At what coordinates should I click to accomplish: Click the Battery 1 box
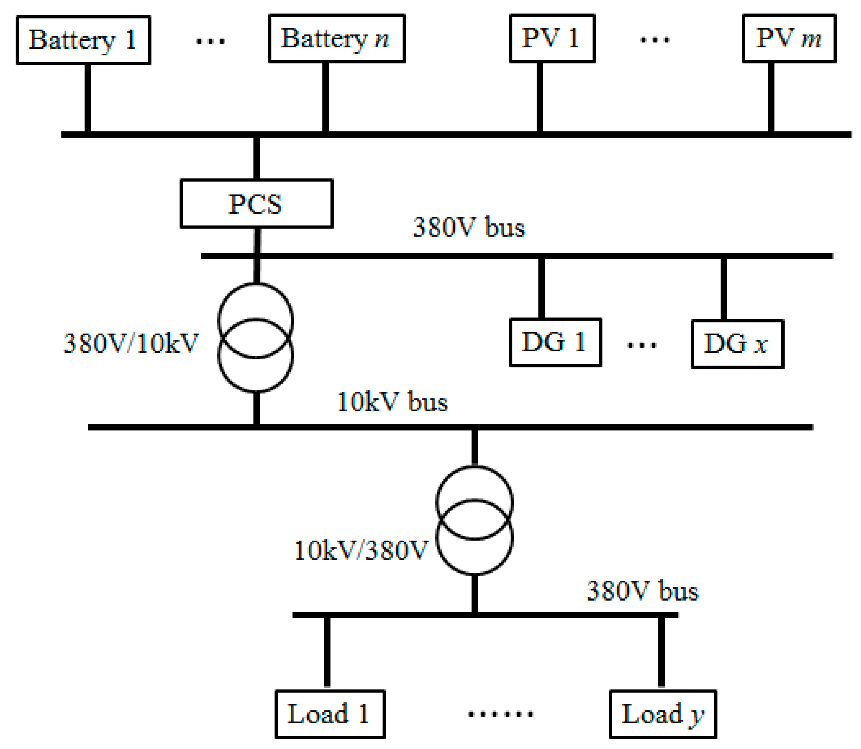click(x=83, y=40)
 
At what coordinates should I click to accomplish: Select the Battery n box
click(x=336, y=38)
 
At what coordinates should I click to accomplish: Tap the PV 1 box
click(x=552, y=38)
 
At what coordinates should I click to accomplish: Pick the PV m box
click(x=788, y=38)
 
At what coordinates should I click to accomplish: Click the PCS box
click(x=256, y=203)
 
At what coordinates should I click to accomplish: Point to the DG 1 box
click(x=555, y=342)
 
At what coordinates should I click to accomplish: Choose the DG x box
click(x=737, y=344)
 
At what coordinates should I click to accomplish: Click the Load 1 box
click(x=330, y=714)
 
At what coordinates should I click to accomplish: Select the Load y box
click(x=662, y=714)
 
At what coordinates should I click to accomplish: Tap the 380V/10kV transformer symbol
click(x=256, y=338)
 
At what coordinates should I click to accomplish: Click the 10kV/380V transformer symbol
click(x=474, y=520)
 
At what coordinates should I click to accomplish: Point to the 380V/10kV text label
click(x=131, y=344)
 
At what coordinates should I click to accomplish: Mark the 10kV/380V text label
click(x=360, y=550)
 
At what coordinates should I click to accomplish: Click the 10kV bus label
click(x=392, y=402)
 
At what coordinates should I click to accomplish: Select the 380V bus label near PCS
click(x=468, y=227)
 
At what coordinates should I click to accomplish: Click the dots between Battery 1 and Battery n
click(x=210, y=41)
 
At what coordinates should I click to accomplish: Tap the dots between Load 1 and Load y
click(x=500, y=713)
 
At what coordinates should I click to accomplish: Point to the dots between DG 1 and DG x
click(x=641, y=345)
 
